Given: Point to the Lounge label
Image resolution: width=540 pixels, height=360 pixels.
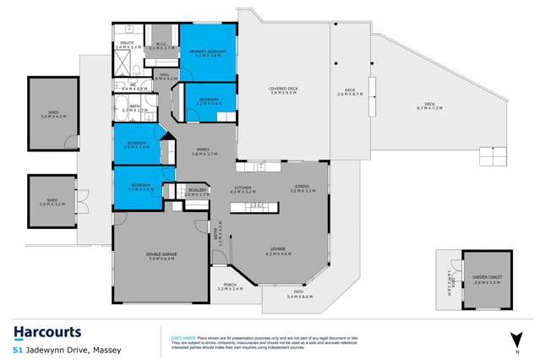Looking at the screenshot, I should (278, 251).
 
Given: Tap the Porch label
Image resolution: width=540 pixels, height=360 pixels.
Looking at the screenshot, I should (230, 286).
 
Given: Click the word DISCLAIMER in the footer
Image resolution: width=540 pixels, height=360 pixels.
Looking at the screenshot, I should (184, 335).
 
